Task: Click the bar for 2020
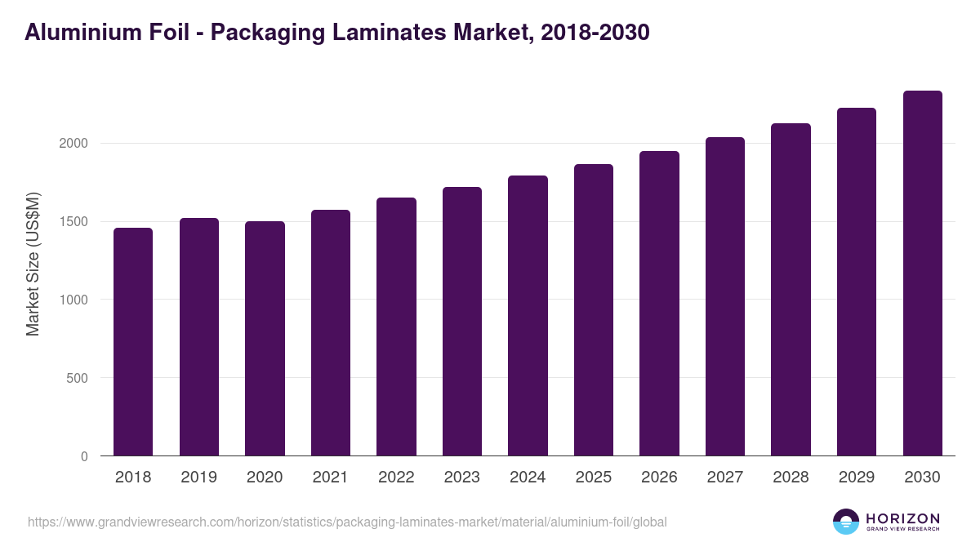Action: click(265, 338)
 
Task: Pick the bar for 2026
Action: click(659, 303)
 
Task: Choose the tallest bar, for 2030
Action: click(922, 273)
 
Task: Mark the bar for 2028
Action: click(791, 289)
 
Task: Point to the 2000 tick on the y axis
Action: click(73, 144)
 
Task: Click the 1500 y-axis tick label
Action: click(73, 222)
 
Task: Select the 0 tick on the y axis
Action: click(84, 456)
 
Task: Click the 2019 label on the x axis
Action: click(198, 478)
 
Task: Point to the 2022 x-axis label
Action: click(396, 478)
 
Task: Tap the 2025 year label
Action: click(593, 478)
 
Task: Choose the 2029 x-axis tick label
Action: click(857, 478)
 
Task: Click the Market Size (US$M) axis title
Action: click(33, 264)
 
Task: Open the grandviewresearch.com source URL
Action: click(347, 522)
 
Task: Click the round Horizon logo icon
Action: click(846, 522)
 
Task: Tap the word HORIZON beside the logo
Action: click(902, 518)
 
